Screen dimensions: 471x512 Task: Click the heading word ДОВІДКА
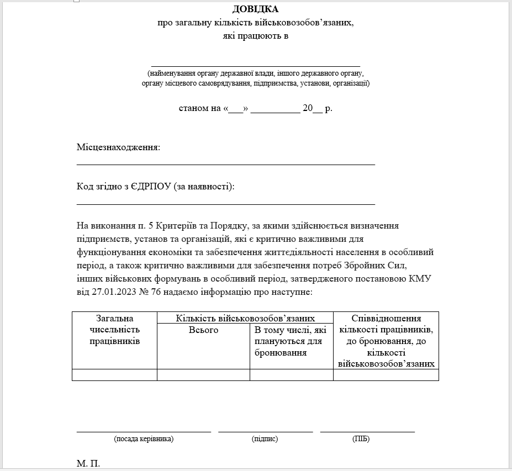pos(255,9)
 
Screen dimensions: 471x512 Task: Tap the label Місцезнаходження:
pos(118,147)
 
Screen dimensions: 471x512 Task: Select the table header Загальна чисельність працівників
pos(115,330)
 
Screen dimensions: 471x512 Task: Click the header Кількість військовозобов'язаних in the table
pos(245,318)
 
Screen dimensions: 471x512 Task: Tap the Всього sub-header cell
pos(203,330)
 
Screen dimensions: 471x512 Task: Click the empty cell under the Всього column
pos(203,375)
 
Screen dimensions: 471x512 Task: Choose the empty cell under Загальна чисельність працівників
pos(115,375)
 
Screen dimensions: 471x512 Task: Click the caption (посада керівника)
pos(144,439)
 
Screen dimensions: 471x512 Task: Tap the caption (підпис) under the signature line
pos(265,439)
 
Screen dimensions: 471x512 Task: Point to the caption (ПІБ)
pos(361,439)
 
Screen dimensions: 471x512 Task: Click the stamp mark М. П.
pos(88,463)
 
